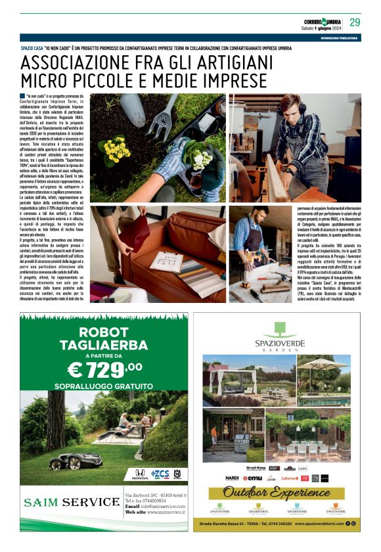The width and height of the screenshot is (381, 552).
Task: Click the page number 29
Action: point(355,22)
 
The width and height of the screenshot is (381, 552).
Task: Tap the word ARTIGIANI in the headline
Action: point(224,63)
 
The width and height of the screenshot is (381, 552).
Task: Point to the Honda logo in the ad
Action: point(140,473)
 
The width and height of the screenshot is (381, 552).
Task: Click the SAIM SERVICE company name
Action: point(71,503)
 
